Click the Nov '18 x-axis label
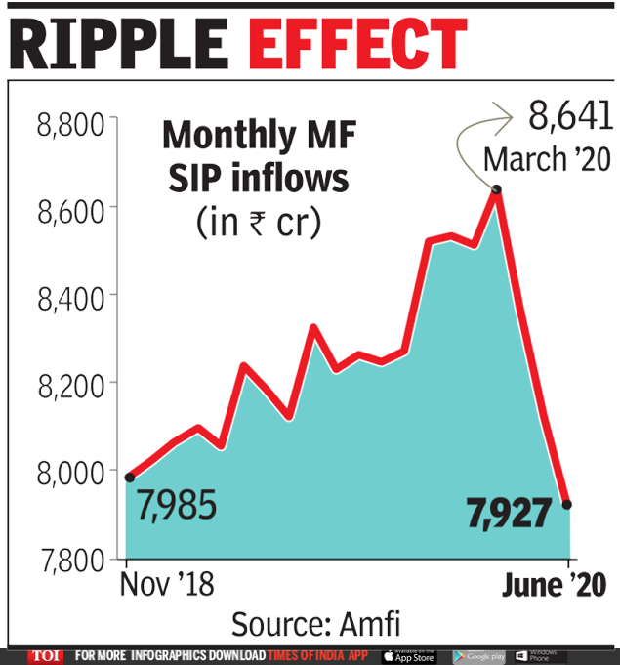click(166, 586)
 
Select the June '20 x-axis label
click(554, 586)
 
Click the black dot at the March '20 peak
click(497, 189)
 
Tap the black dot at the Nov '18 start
click(130, 477)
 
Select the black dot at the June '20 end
click(567, 504)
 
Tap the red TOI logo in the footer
click(44, 656)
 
